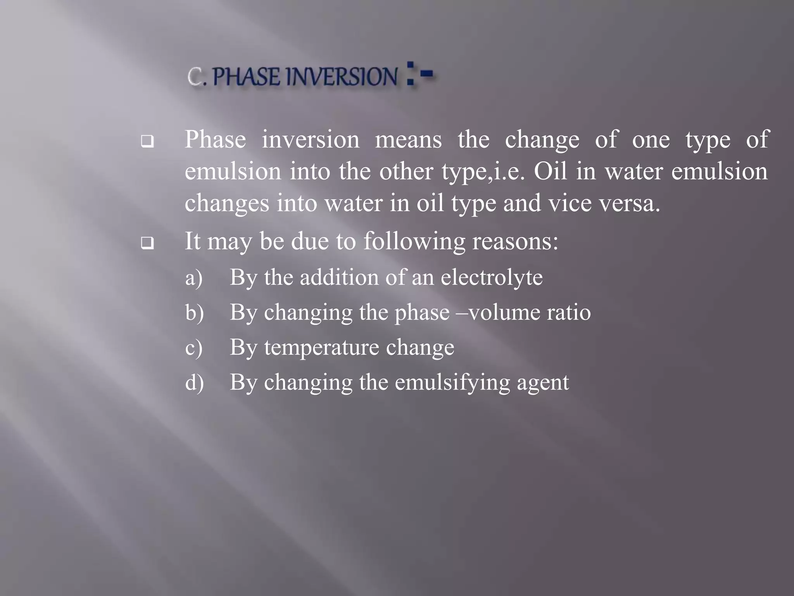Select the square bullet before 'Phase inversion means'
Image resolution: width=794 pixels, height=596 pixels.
(147, 141)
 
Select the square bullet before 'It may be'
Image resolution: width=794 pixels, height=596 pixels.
(147, 243)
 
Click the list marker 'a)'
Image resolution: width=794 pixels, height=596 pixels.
(194, 278)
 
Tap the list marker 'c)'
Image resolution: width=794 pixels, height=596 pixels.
(194, 347)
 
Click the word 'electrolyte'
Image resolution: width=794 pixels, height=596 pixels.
(491, 277)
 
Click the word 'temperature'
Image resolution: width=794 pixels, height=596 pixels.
(321, 347)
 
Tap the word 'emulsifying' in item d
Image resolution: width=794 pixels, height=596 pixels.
(452, 383)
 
